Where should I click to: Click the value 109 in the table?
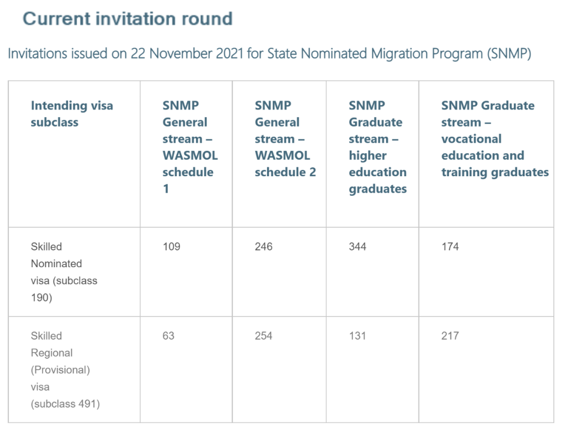[171, 247]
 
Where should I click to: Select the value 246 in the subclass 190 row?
[263, 247]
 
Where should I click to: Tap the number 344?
[358, 247]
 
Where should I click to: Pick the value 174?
[450, 247]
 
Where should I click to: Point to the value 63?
[168, 336]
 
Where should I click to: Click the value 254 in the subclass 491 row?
[263, 336]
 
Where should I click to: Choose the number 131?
[358, 336]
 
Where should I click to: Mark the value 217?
[450, 336]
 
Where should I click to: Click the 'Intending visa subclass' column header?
[72, 114]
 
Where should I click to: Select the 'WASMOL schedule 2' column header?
[285, 139]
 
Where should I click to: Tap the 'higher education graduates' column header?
[378, 147]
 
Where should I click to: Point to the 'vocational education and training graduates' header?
[495, 139]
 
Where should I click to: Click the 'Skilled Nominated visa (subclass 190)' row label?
[64, 272]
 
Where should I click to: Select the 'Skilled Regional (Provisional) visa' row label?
[65, 370]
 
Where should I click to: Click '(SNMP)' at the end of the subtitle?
[509, 54]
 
